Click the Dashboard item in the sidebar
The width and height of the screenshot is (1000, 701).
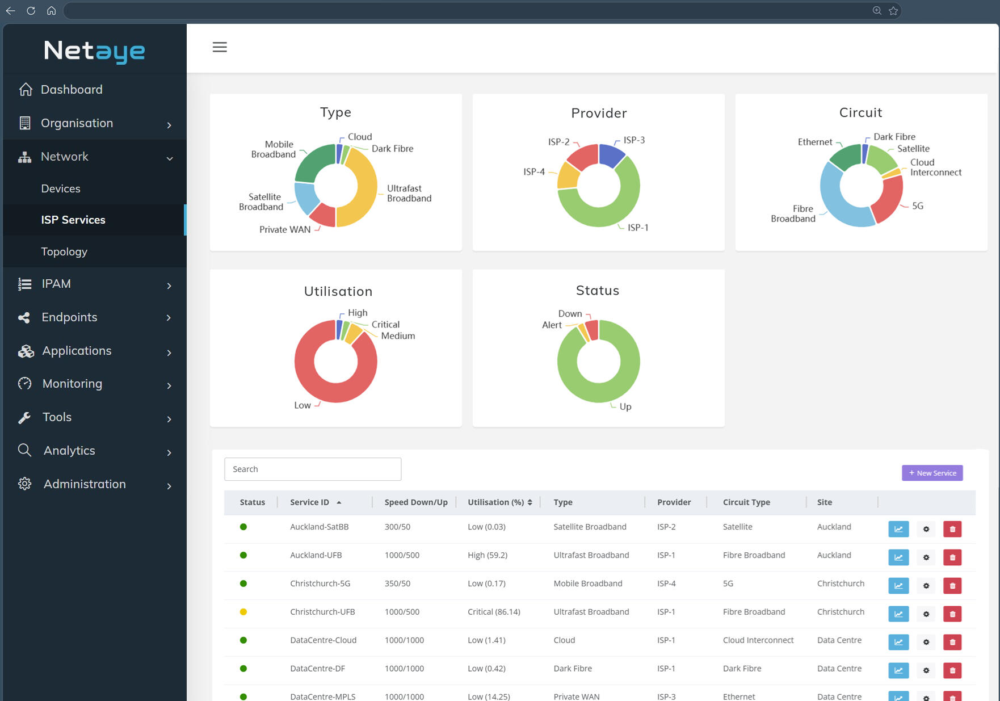tap(72, 90)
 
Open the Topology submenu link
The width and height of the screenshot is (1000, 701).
tap(64, 251)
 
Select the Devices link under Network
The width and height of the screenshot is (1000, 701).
tap(61, 188)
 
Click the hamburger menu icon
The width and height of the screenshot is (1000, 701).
tap(220, 47)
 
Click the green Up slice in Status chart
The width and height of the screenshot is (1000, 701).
tap(602, 392)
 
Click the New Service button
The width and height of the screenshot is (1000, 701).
tap(932, 473)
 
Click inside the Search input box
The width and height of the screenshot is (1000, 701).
tap(313, 469)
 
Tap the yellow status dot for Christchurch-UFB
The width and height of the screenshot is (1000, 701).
tap(243, 612)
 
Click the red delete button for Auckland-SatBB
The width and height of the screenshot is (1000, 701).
tap(952, 529)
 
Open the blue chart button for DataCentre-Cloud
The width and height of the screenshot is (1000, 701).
tap(898, 643)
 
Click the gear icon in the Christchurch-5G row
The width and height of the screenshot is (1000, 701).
tap(926, 586)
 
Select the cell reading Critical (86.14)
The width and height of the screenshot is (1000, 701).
tap(494, 612)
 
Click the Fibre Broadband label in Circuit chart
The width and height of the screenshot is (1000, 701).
tap(793, 214)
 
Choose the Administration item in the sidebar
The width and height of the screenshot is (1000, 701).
tap(85, 484)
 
